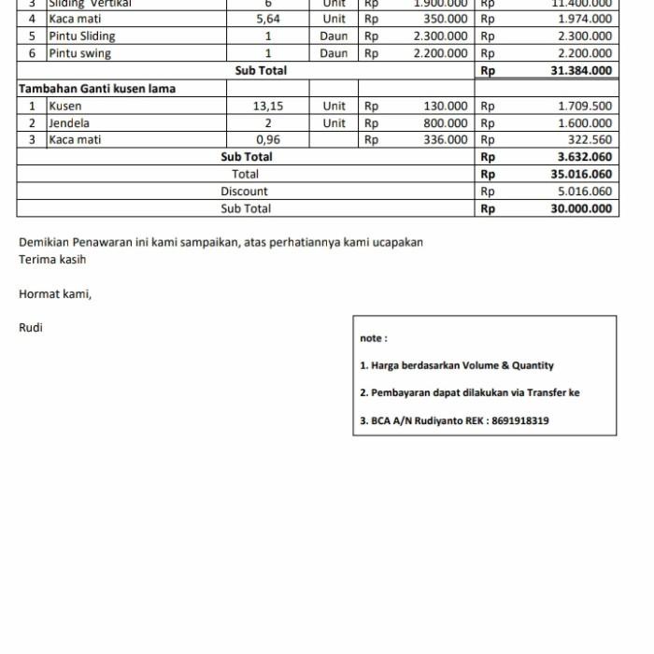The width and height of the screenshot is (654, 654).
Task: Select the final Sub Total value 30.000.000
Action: point(581,209)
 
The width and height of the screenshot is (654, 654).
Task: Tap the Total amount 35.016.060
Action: point(581,175)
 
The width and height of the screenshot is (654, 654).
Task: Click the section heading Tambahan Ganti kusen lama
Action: point(97,89)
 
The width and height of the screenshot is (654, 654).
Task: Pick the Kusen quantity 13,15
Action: point(268,107)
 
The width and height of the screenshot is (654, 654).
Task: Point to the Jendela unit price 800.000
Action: point(446,123)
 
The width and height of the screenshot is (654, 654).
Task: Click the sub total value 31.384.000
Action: point(581,71)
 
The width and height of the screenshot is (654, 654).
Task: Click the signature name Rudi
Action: point(31,328)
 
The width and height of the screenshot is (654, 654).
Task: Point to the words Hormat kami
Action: point(55,294)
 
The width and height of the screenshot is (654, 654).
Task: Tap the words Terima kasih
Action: point(52,260)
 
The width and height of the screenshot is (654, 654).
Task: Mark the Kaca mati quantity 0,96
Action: point(268,140)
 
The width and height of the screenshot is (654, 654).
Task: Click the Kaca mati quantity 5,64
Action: point(268,19)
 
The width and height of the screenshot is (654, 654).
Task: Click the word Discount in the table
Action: point(244,192)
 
